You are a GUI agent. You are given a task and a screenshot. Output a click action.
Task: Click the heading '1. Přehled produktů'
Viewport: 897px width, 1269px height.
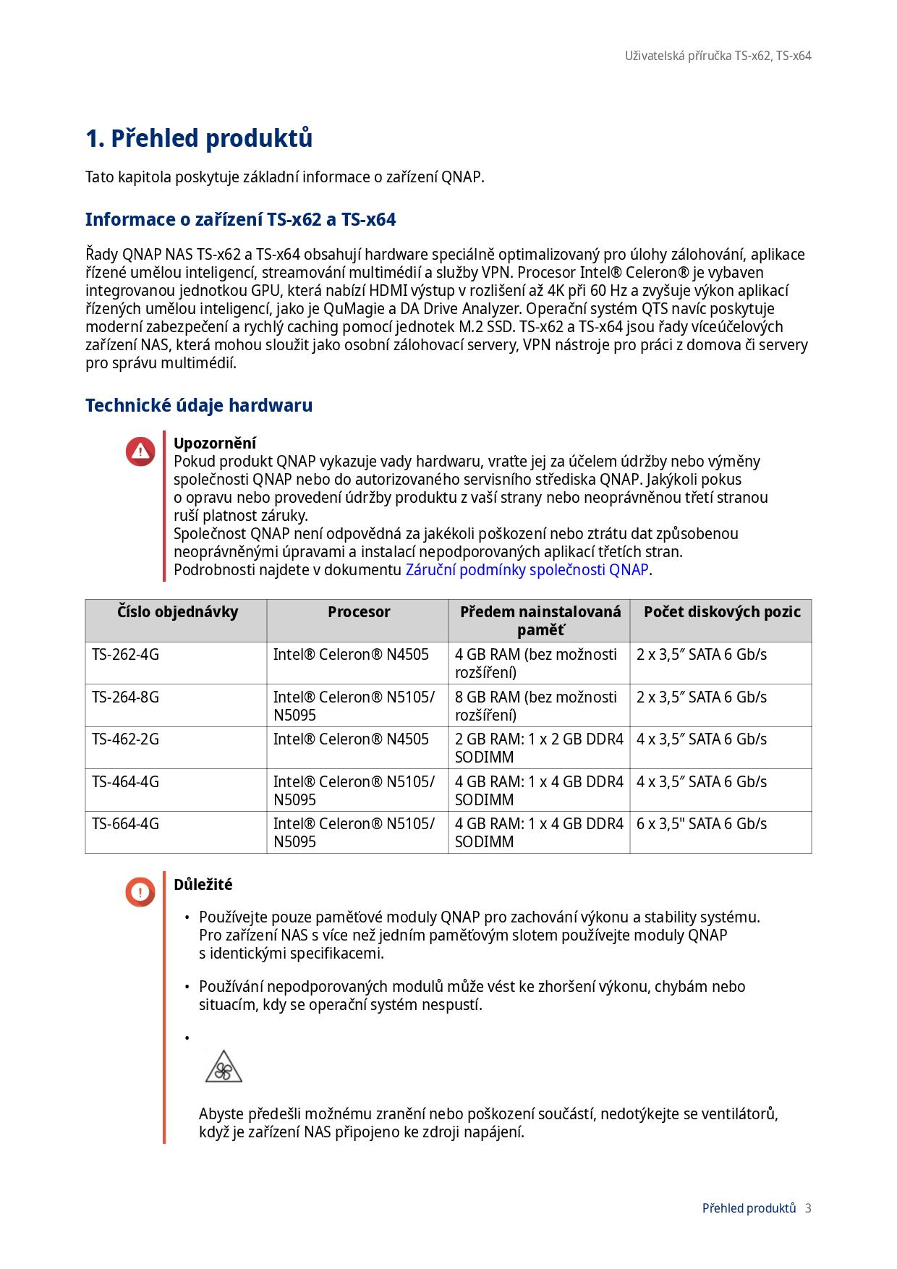point(199,138)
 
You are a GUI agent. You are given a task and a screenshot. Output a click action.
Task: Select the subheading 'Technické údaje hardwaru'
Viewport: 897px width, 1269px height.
point(199,405)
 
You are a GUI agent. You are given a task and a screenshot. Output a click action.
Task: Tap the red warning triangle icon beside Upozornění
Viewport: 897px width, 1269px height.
point(140,451)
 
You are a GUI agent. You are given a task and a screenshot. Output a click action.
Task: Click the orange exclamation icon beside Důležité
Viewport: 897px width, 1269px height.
point(140,891)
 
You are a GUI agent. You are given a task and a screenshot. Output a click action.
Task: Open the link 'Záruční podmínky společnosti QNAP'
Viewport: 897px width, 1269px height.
point(527,570)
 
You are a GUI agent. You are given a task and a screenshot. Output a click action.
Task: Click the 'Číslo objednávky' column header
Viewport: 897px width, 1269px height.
point(177,612)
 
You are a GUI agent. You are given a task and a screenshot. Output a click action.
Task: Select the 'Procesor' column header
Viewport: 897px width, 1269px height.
point(359,612)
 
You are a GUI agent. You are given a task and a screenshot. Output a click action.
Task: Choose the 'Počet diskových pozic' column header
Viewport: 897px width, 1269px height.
point(722,612)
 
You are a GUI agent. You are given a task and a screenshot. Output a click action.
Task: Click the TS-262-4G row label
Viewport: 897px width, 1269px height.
point(126,655)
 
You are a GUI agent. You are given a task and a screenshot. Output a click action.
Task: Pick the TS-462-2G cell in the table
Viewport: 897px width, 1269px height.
point(126,739)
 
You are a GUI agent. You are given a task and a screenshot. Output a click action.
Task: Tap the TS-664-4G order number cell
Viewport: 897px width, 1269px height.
point(126,824)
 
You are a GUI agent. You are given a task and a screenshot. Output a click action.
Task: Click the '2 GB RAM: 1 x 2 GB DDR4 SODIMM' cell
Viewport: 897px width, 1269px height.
point(539,748)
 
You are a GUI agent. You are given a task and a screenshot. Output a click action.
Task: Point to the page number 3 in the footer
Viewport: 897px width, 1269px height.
point(808,1208)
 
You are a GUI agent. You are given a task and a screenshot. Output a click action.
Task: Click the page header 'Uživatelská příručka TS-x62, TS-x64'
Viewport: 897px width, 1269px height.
point(718,56)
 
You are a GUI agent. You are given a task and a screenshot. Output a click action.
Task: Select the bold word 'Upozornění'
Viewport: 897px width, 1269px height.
point(215,443)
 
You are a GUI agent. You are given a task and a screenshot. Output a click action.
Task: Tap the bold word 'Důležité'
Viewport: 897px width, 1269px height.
point(203,885)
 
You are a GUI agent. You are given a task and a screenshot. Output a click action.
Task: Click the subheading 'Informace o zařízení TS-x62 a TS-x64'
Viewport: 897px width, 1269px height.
point(241,219)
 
